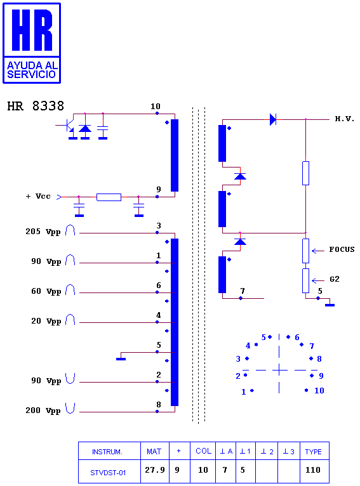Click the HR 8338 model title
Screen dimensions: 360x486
36,106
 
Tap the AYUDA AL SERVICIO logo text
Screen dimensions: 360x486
32,70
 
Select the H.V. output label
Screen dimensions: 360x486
344,119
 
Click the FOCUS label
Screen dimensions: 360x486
342,249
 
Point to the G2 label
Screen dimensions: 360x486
335,279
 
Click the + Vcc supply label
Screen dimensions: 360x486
38,196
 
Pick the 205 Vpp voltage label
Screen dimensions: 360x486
43,232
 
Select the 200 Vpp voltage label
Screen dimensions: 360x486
43,410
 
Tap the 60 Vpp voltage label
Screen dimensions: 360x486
46,291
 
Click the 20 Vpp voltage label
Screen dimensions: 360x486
46,321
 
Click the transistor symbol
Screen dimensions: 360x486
69,126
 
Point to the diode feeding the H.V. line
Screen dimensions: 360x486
273,119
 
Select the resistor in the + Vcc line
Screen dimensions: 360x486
109,197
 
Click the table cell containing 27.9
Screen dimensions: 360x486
155,471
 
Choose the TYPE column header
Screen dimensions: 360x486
313,452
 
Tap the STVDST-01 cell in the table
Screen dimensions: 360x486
108,473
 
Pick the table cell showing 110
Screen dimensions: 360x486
313,471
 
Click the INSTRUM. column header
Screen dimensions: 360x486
107,452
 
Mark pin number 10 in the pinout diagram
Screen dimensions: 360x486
319,391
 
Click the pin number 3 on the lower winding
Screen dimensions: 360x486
159,226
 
